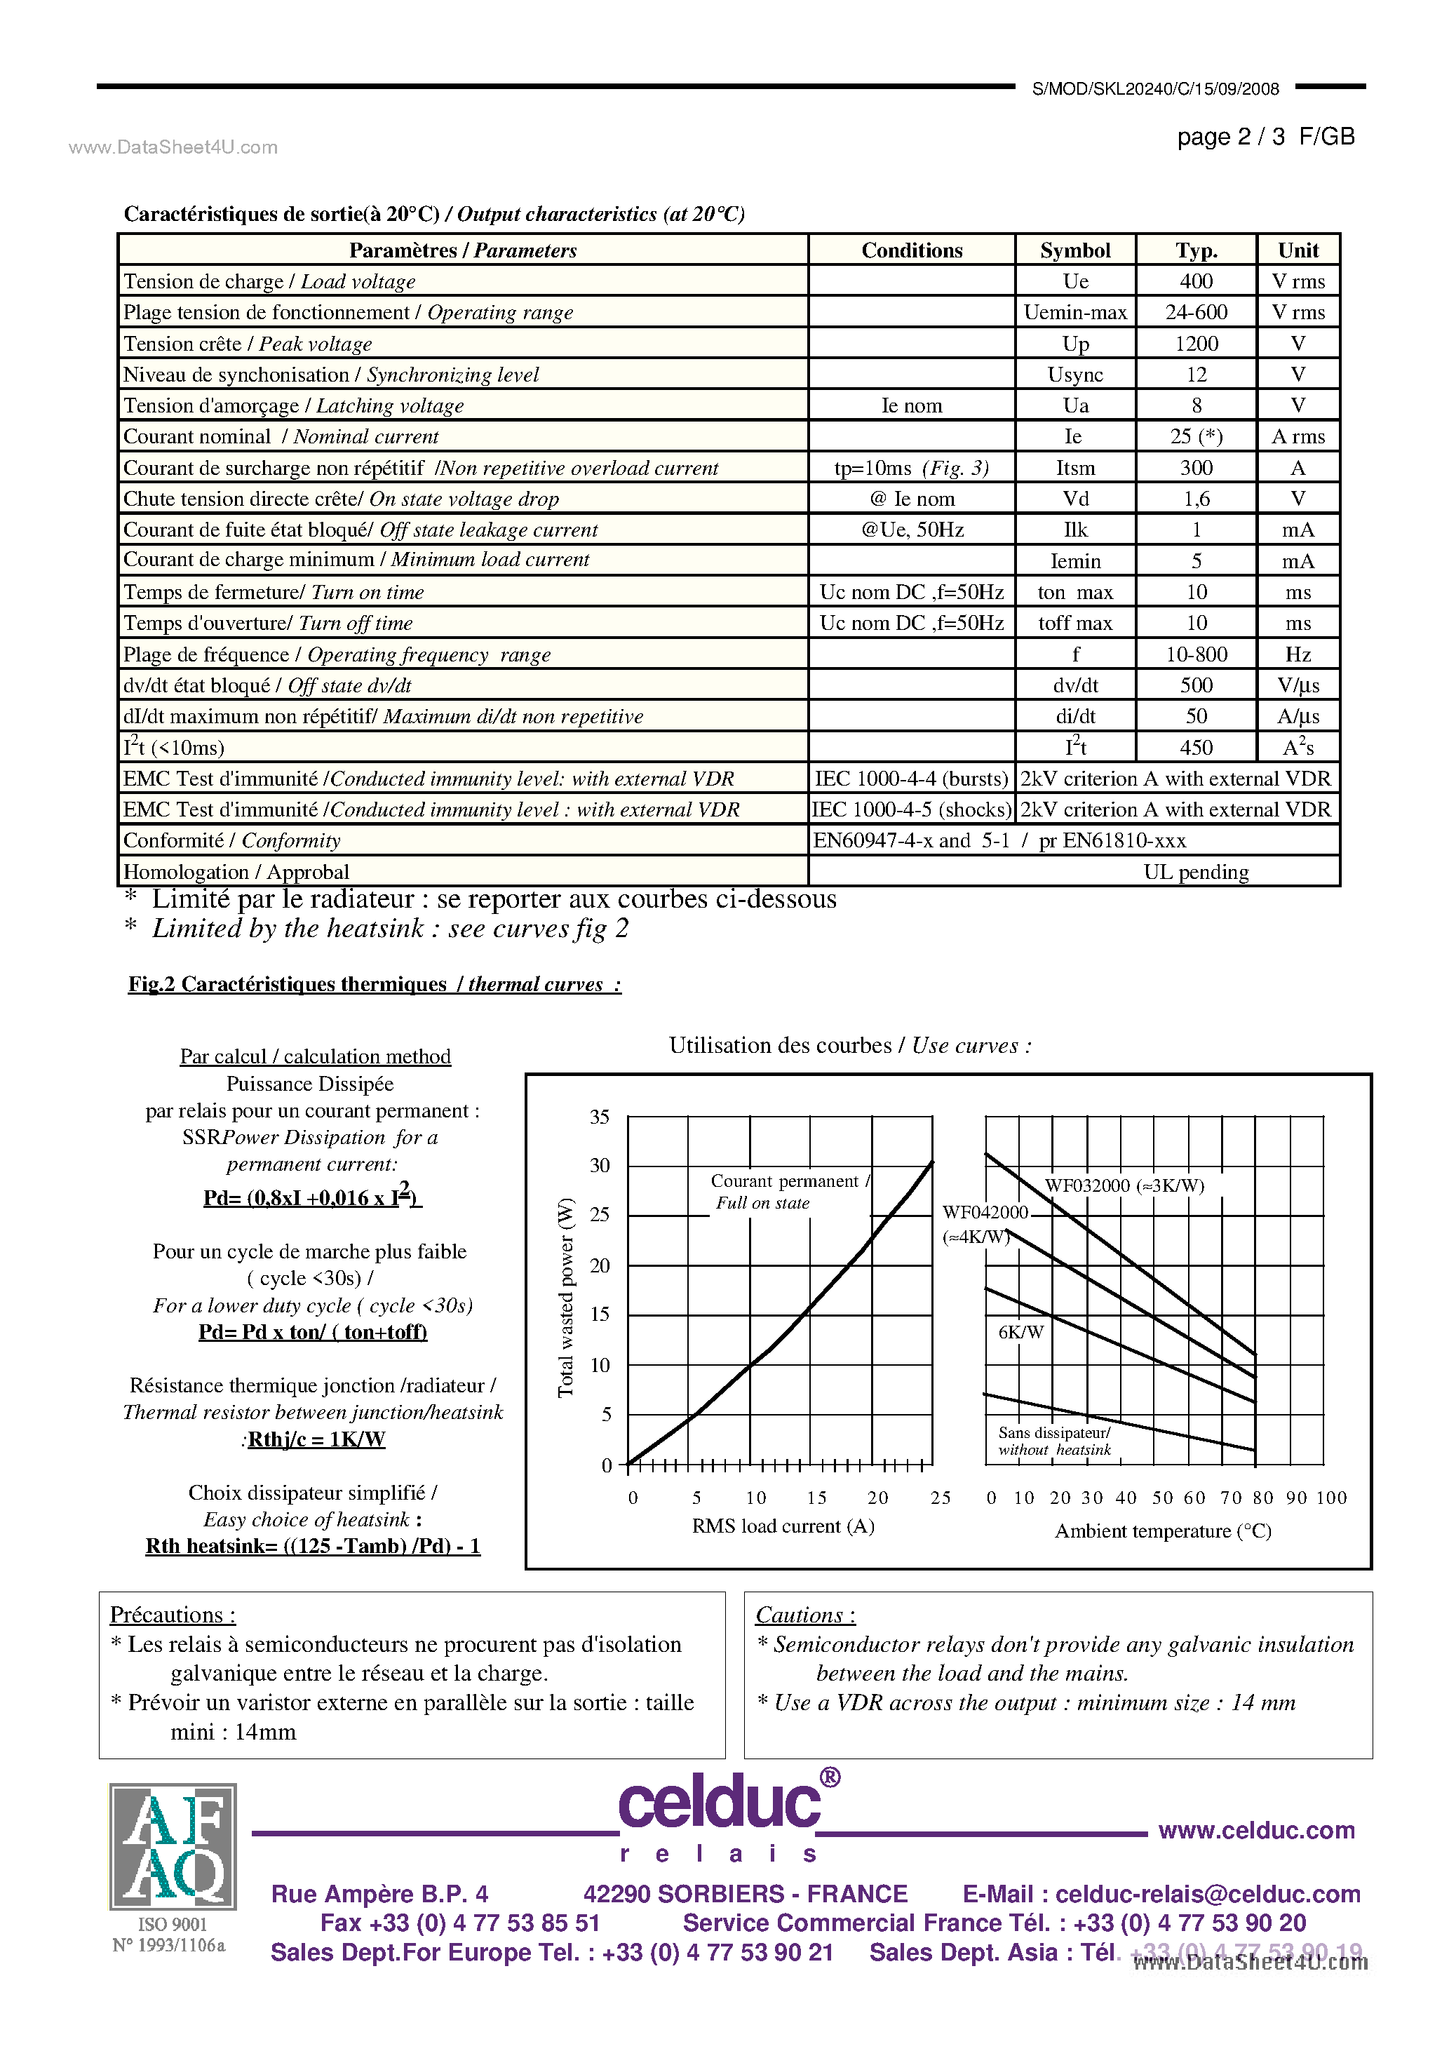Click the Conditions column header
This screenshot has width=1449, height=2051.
(x=911, y=250)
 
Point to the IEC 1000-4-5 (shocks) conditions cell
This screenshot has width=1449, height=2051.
(x=911, y=809)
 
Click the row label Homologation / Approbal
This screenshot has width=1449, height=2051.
(x=236, y=872)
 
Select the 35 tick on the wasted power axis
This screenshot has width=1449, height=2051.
(x=600, y=1117)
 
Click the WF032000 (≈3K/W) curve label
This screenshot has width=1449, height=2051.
(x=1124, y=1185)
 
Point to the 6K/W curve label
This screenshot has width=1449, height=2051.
(x=1020, y=1332)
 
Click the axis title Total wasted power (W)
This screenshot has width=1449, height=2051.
(x=565, y=1297)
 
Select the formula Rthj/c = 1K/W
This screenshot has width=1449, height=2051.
(x=316, y=1439)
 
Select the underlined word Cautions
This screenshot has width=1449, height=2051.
(x=805, y=1615)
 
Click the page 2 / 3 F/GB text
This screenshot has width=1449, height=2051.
(x=1265, y=137)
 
